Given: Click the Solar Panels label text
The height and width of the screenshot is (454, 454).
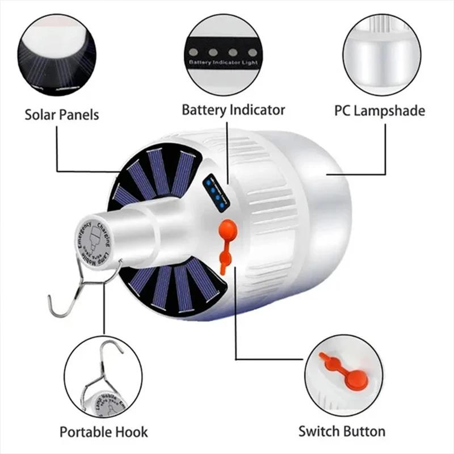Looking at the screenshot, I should [x=62, y=115].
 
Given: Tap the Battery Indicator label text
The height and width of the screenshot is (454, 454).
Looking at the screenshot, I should [x=233, y=110].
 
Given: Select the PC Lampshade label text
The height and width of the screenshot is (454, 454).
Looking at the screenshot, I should [x=379, y=110].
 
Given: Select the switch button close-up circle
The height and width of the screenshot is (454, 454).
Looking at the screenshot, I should [x=344, y=375].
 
